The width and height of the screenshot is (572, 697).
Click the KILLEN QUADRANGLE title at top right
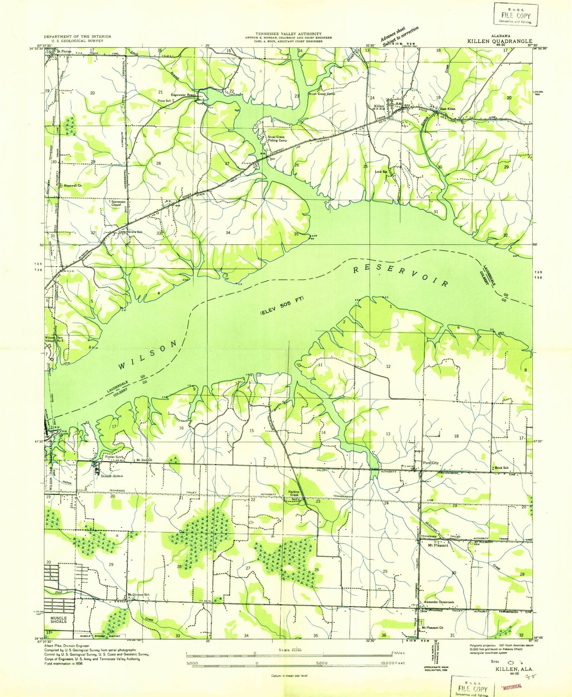tap(500, 41)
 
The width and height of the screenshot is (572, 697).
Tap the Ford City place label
tap(431, 463)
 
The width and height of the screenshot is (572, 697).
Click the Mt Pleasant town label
tap(438, 545)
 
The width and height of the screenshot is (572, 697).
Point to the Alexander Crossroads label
tap(439, 602)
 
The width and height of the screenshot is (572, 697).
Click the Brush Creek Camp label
tap(321, 94)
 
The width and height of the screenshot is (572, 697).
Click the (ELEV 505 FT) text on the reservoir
tap(282, 305)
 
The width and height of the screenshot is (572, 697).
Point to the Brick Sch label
tap(502, 468)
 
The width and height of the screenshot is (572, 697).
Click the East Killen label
tap(448, 109)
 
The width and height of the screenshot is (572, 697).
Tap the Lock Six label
tap(380, 172)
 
